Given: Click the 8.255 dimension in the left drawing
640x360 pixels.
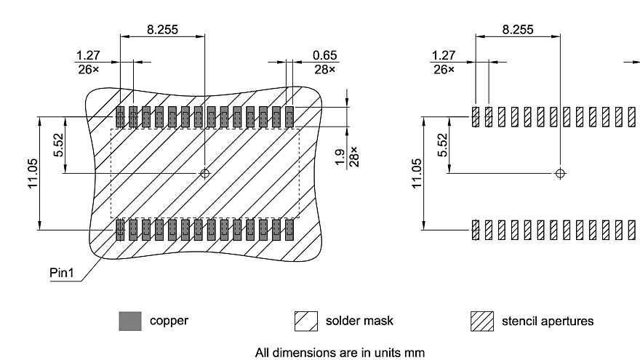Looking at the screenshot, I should click(x=162, y=30).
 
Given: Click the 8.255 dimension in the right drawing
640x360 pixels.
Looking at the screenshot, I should click(x=517, y=30).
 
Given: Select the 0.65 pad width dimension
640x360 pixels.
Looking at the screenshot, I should click(x=324, y=55).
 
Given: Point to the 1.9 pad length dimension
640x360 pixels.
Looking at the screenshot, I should click(x=340, y=158).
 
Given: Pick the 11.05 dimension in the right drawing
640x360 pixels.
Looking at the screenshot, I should click(x=416, y=174).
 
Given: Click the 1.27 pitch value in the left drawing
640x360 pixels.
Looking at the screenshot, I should click(x=88, y=55).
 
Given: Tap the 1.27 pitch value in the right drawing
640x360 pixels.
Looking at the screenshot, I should click(x=443, y=55).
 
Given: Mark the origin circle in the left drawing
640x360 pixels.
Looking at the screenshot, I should click(x=205, y=173).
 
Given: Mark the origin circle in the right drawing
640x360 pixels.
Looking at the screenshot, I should click(x=559, y=173).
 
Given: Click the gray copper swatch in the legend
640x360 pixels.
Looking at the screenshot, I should click(x=129, y=321).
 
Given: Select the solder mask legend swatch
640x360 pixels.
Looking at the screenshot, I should click(x=306, y=321).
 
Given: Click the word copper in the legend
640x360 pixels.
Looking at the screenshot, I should click(x=169, y=321).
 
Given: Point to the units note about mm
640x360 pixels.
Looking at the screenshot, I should click(x=339, y=352).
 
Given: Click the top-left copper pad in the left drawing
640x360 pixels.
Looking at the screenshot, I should click(x=120, y=116).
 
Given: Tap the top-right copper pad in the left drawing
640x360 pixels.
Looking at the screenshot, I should click(x=289, y=116).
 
